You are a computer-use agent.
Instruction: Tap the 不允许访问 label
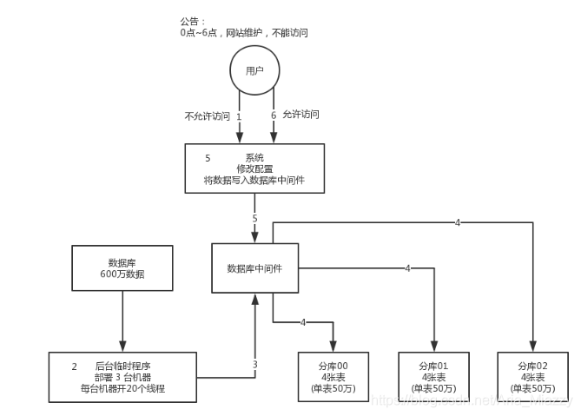(x=207, y=116)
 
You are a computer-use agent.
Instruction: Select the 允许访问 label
(x=302, y=115)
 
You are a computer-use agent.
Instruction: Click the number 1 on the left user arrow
(x=238, y=116)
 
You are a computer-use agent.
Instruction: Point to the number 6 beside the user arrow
(x=274, y=115)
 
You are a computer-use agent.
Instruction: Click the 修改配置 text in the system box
(x=254, y=168)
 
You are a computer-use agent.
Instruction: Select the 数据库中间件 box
(x=255, y=268)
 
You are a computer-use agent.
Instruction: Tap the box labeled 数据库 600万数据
(x=122, y=267)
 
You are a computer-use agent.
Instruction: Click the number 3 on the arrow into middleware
(x=254, y=365)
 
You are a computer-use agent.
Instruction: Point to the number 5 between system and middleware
(x=254, y=218)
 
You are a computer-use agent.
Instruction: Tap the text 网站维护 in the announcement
(x=246, y=32)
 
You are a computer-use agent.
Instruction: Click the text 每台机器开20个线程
(x=122, y=389)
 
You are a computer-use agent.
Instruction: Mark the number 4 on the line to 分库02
(x=458, y=222)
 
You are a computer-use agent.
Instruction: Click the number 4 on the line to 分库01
(x=406, y=268)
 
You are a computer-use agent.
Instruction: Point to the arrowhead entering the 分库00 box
(x=333, y=347)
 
